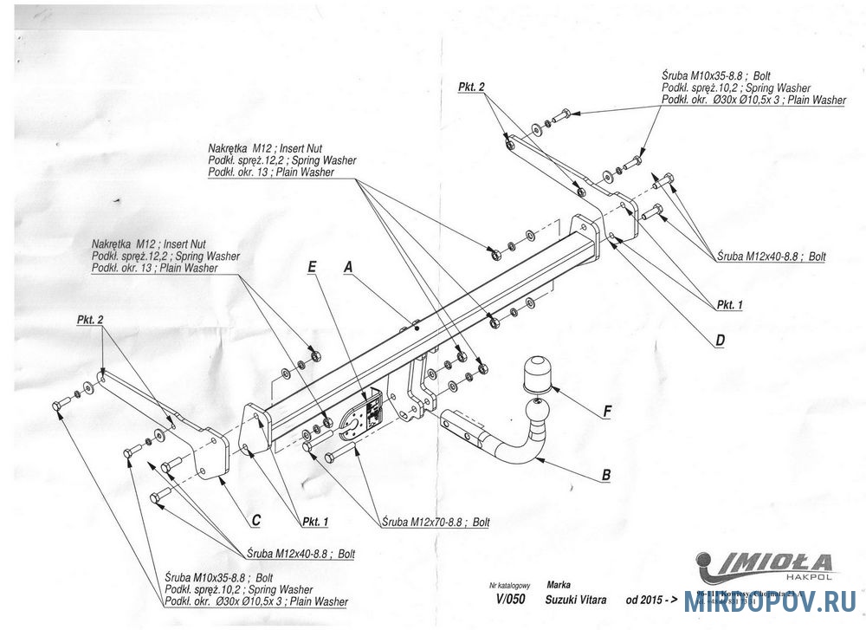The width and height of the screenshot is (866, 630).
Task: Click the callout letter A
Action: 348,268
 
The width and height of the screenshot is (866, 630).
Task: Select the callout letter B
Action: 606,474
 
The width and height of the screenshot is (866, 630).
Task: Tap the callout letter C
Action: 256,520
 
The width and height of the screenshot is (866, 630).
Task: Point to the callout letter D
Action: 720,341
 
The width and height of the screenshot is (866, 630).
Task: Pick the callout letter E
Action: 312,268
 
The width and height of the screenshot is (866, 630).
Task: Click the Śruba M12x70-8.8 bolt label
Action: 436,523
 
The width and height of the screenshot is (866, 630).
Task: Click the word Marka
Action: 559,585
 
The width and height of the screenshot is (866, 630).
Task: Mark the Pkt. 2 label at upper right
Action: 471,88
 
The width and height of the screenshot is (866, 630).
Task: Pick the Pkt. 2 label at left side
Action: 90,320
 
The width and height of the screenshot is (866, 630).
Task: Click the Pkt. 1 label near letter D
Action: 729,305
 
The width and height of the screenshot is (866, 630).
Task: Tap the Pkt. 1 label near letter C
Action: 315,522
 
